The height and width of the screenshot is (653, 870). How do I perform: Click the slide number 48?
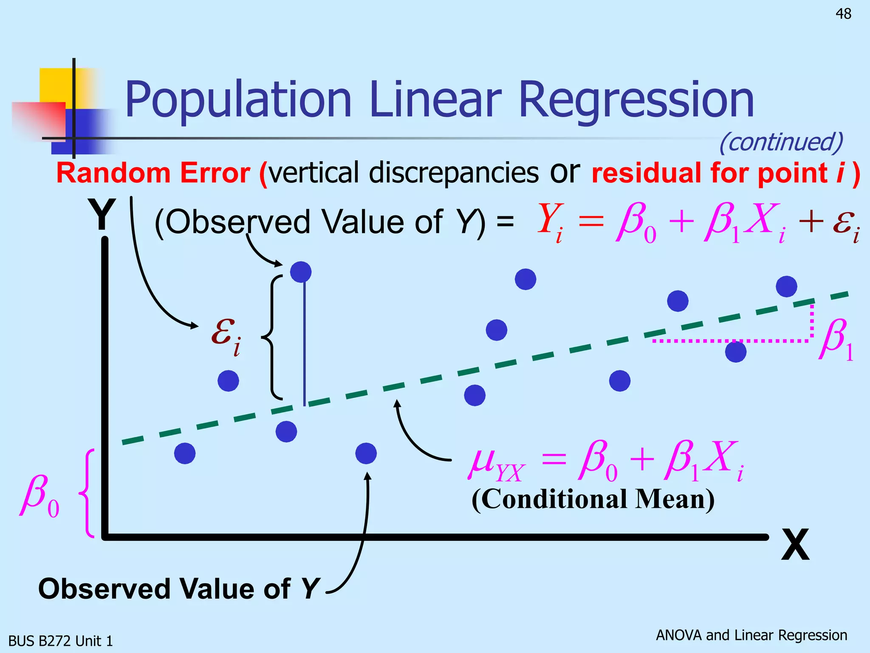[x=843, y=14]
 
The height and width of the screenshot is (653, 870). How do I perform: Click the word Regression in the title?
[x=636, y=100]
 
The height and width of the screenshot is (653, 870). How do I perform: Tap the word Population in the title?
[x=238, y=100]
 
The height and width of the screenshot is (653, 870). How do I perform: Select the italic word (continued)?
[x=781, y=142]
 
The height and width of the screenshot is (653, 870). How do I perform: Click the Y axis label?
[x=102, y=215]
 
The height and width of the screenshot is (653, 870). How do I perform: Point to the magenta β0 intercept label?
[x=39, y=496]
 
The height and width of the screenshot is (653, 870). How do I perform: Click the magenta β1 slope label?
[x=836, y=340]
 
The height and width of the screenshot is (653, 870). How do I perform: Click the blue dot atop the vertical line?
[x=301, y=272]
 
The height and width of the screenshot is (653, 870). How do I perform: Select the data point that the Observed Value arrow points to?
[x=366, y=453]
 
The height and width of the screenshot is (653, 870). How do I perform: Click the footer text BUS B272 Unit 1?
[x=61, y=641]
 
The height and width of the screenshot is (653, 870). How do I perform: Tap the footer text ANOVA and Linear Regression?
[x=751, y=635]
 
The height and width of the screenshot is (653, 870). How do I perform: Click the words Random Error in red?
[x=153, y=173]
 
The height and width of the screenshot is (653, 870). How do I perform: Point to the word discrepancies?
[x=454, y=173]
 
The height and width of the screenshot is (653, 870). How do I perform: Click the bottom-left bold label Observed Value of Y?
[x=178, y=589]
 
